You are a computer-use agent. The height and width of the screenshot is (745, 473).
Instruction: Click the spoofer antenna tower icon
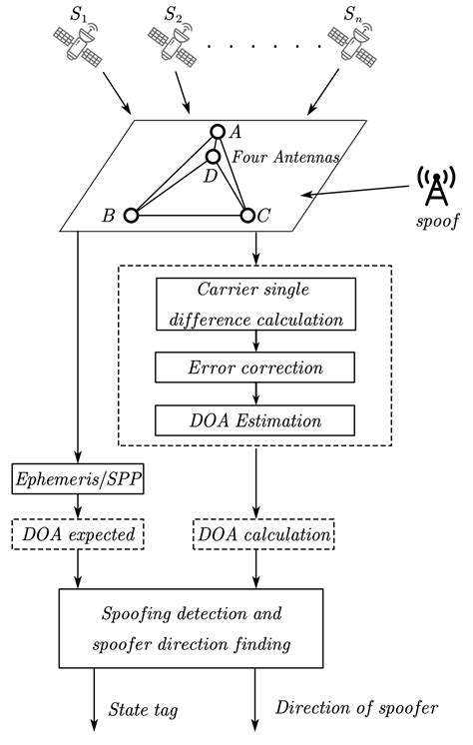(436, 188)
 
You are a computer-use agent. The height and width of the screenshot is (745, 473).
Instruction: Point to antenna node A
(218, 132)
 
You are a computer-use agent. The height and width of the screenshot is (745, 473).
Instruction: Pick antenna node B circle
(131, 215)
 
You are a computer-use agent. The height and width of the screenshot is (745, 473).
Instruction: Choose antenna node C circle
(247, 215)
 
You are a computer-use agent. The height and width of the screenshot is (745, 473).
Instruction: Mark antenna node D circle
(214, 157)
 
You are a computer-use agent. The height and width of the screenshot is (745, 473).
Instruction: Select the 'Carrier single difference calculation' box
(255, 305)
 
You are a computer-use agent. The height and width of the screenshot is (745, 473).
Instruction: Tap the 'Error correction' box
(255, 367)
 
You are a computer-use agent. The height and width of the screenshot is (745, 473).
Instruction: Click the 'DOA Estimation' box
(255, 417)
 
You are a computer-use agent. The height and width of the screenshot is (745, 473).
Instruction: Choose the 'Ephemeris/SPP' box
(78, 481)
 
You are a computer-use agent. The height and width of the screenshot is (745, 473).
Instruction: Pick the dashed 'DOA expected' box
(78, 534)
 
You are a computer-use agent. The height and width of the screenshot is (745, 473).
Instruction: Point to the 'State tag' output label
(144, 710)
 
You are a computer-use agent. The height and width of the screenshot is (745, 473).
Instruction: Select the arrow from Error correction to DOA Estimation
(257, 392)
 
